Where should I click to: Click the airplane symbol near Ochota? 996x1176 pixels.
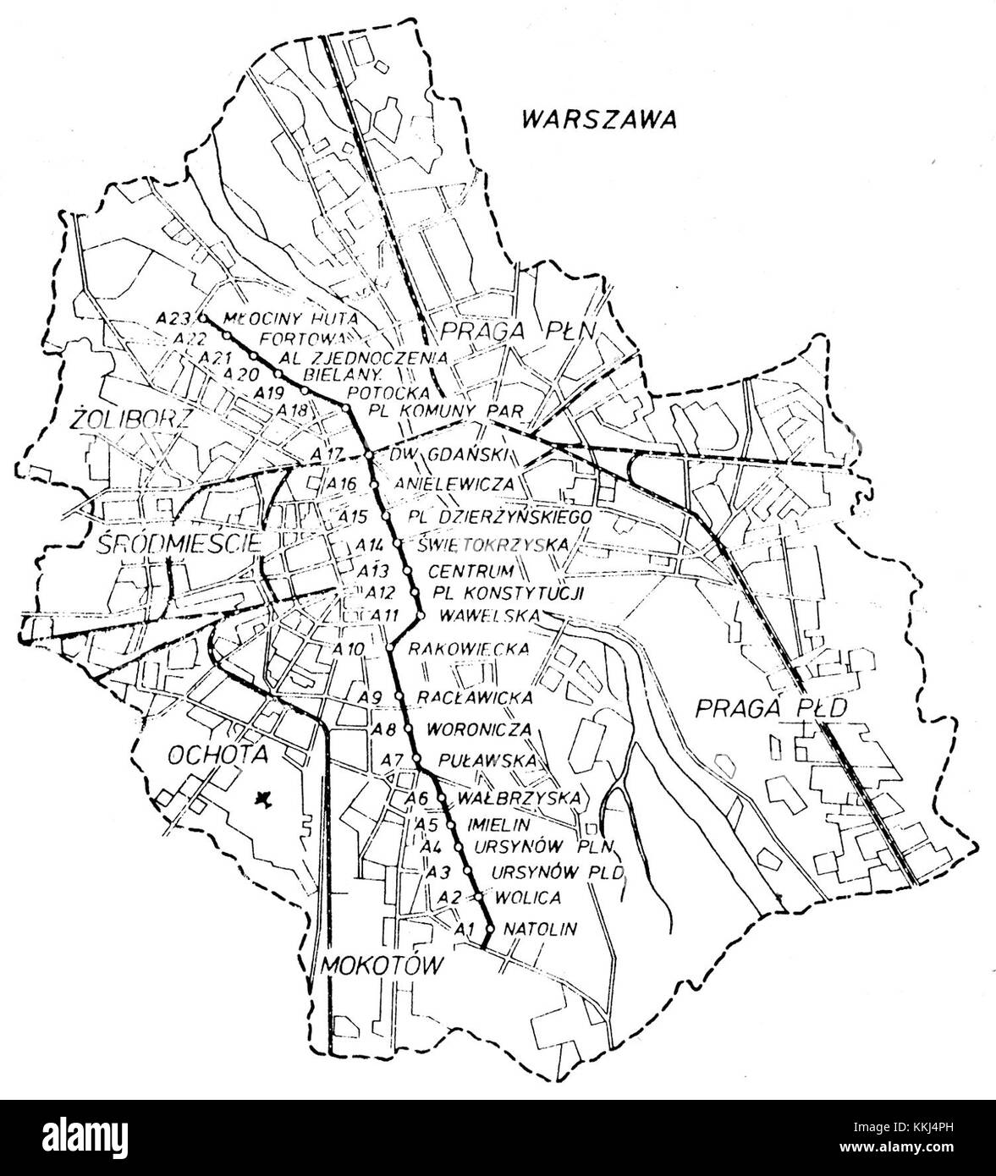(264, 797)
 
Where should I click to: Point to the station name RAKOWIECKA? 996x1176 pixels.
(468, 650)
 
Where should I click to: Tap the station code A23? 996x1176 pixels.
(174, 319)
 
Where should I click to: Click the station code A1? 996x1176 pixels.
(461, 929)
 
